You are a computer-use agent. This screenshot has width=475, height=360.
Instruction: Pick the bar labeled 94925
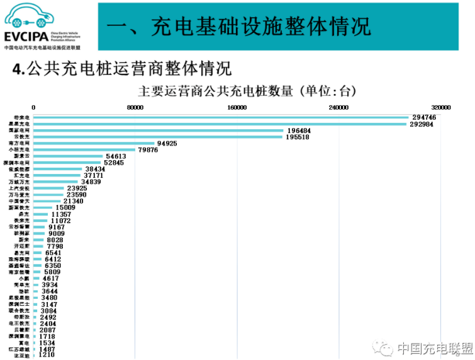(94, 143)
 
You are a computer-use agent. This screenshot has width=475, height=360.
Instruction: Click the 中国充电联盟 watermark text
(433, 348)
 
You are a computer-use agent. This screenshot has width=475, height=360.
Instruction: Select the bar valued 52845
(67, 163)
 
